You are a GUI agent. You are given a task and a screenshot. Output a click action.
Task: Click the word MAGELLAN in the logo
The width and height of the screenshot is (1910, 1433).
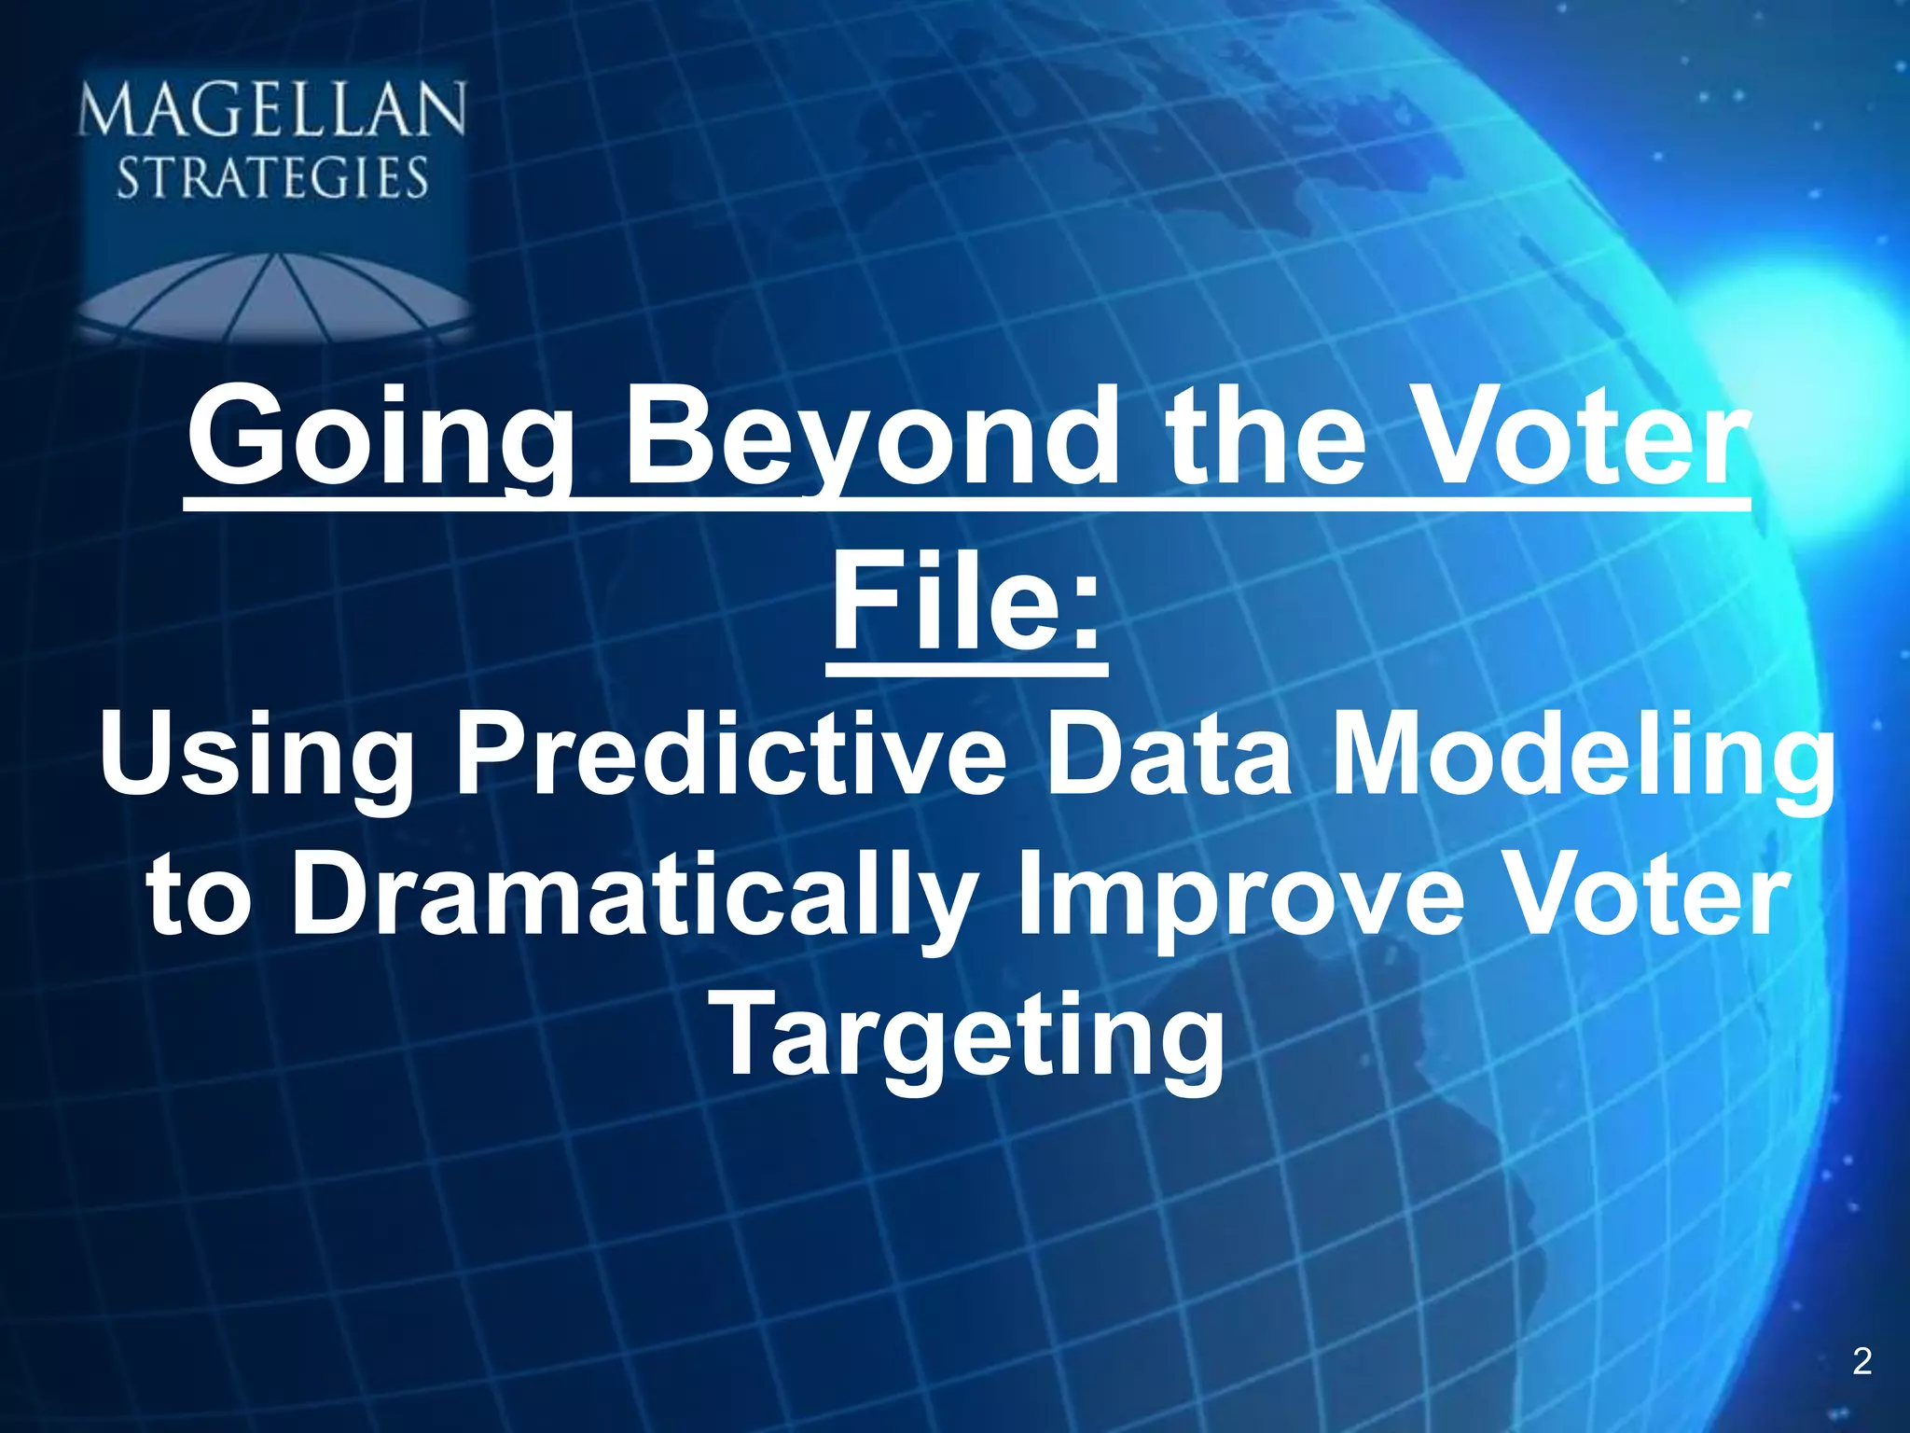click(271, 110)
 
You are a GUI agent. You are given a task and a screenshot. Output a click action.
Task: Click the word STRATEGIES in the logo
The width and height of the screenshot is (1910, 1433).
click(271, 178)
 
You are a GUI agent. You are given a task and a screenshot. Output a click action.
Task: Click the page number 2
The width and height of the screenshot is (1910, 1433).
click(1862, 1361)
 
